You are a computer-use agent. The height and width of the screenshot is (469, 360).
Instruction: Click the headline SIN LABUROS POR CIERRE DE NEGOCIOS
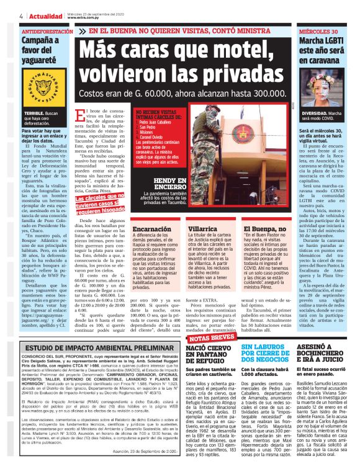click(253, 353)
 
